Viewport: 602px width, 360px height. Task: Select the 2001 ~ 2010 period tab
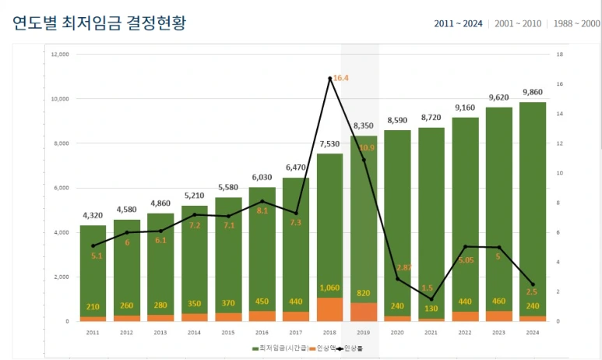click(x=516, y=23)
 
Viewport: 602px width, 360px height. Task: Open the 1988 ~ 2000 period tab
click(x=576, y=23)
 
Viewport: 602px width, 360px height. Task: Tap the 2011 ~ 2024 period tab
click(x=458, y=23)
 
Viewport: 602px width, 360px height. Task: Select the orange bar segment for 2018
click(x=329, y=309)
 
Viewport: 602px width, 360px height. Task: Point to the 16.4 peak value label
click(x=341, y=78)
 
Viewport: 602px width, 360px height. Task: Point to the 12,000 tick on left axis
click(x=59, y=55)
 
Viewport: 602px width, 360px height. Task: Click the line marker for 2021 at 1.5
click(x=431, y=299)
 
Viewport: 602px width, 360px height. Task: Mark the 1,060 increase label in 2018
click(x=329, y=288)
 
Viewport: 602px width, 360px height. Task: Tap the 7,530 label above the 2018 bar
click(x=329, y=143)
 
